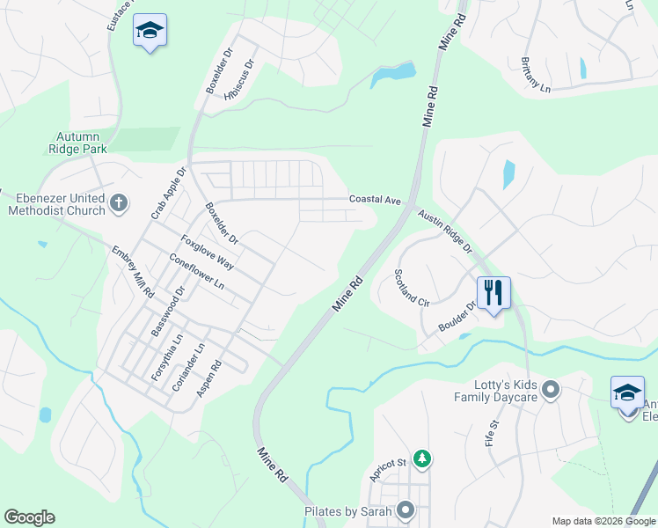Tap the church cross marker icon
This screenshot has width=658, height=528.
(x=119, y=204)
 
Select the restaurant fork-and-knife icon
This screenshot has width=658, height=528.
(x=493, y=291)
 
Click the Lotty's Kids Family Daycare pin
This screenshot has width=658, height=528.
(x=552, y=387)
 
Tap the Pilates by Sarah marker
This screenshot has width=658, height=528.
(x=406, y=510)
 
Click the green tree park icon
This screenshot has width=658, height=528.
(x=423, y=458)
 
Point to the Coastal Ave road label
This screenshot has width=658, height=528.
(x=375, y=200)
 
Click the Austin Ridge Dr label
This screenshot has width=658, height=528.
(x=444, y=230)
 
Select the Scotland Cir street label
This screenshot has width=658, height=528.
(x=411, y=287)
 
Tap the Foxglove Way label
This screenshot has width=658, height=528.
(x=207, y=252)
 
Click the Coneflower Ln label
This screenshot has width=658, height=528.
(x=196, y=274)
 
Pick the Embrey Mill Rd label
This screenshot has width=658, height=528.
(x=133, y=270)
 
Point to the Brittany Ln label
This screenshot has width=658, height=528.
(x=535, y=77)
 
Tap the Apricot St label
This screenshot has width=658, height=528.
(x=386, y=469)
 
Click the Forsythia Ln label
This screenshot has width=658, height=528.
(x=167, y=356)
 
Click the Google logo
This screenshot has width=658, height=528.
(x=29, y=517)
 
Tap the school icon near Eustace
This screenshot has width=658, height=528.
(x=150, y=32)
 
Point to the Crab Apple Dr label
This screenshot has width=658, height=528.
(x=170, y=194)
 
